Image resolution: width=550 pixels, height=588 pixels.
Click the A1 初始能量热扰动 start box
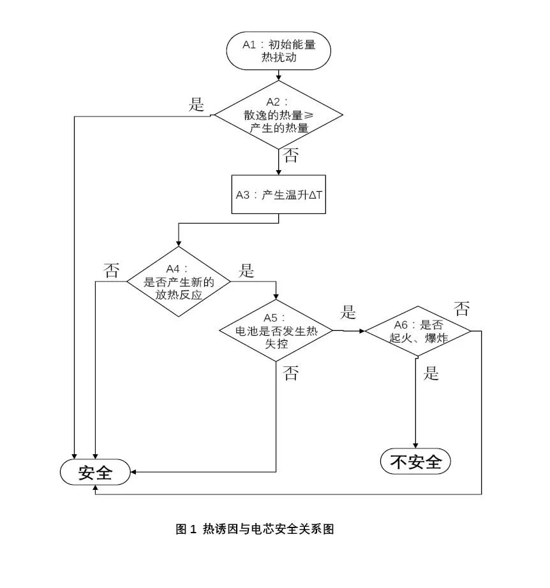(x=278, y=52)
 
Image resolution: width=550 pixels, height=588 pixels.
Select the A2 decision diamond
(x=278, y=115)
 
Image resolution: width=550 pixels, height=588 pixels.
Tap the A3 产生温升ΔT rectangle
(x=278, y=195)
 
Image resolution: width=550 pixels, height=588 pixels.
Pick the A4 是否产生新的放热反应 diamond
(x=178, y=281)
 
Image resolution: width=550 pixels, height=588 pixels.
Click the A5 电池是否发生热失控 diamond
(x=276, y=331)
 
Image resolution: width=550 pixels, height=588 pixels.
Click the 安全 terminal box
(x=96, y=473)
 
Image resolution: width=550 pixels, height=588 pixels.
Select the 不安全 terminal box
(x=415, y=462)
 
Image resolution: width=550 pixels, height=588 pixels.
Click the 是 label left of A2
(x=197, y=105)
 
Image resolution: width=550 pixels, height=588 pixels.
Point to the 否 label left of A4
(x=111, y=271)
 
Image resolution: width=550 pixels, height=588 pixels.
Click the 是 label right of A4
(x=246, y=271)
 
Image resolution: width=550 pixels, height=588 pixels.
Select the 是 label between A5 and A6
(x=348, y=312)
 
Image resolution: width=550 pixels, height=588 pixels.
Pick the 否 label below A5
(x=290, y=374)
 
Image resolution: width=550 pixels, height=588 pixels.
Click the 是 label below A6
(x=432, y=374)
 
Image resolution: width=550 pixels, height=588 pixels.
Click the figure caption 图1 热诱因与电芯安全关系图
(x=255, y=529)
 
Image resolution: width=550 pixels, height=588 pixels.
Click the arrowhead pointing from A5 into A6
(x=362, y=331)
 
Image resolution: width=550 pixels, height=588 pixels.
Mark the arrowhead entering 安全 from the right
(x=134, y=472)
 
